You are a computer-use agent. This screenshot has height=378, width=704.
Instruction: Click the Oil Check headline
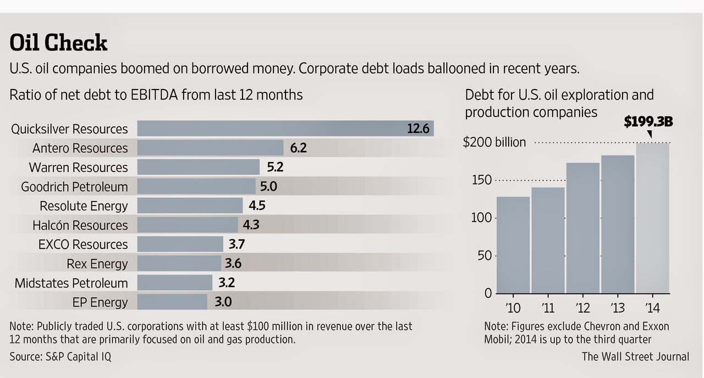point(58,42)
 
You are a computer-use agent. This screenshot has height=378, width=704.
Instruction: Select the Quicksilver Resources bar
point(285,129)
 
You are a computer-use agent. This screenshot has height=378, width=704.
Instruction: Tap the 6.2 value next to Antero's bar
point(298,148)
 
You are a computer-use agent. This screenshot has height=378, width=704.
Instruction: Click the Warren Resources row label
point(78,168)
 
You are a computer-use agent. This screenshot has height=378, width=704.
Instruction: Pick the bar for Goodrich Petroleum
point(196,186)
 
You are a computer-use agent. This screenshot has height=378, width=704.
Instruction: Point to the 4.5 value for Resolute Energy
point(257,205)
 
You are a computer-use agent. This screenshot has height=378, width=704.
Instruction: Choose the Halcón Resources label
point(80,225)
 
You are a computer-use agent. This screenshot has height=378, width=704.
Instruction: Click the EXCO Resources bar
point(180,244)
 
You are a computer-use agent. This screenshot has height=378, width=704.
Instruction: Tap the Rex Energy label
point(97,264)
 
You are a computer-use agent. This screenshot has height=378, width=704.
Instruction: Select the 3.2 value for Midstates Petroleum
point(227,282)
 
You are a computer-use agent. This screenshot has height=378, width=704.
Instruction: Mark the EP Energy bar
point(172,302)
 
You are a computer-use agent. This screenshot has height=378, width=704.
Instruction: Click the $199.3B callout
point(648,121)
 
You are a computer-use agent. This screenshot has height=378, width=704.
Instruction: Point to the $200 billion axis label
point(494,142)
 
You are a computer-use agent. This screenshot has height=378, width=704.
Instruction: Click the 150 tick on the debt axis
point(481,180)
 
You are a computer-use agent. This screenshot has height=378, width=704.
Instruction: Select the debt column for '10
point(513,245)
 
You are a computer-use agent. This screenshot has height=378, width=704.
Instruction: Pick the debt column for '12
point(583,228)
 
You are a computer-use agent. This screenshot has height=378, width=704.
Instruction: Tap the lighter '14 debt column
point(653,218)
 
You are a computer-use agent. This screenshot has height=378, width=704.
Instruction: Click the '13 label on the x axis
point(618,308)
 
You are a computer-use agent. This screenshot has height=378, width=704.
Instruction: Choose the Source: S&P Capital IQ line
point(61,357)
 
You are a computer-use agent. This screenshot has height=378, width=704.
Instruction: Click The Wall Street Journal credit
point(635,357)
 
